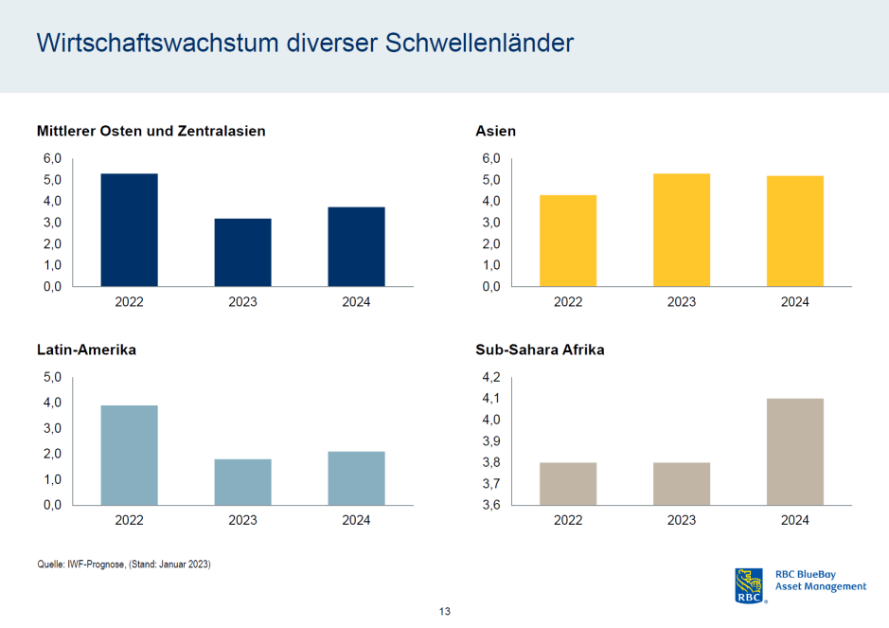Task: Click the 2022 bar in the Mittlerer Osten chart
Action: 129,229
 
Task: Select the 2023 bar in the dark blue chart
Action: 242,252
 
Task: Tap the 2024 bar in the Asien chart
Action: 794,230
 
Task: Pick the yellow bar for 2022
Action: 568,241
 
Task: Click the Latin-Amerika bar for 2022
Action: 129,455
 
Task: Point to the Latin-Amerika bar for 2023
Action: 242,482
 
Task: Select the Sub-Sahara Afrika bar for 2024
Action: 794,452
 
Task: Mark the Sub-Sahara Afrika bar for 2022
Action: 568,484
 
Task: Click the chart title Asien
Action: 495,131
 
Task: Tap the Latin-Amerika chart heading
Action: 86,350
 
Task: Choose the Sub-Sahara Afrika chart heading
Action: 540,350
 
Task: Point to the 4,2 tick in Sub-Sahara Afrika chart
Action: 491,377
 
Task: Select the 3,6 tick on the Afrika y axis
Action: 491,505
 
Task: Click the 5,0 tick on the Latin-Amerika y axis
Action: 53,377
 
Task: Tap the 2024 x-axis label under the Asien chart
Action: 794,302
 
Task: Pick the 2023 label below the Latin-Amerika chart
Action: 242,520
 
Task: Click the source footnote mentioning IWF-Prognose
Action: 123,565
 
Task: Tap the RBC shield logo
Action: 749,585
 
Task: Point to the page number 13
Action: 444,611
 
